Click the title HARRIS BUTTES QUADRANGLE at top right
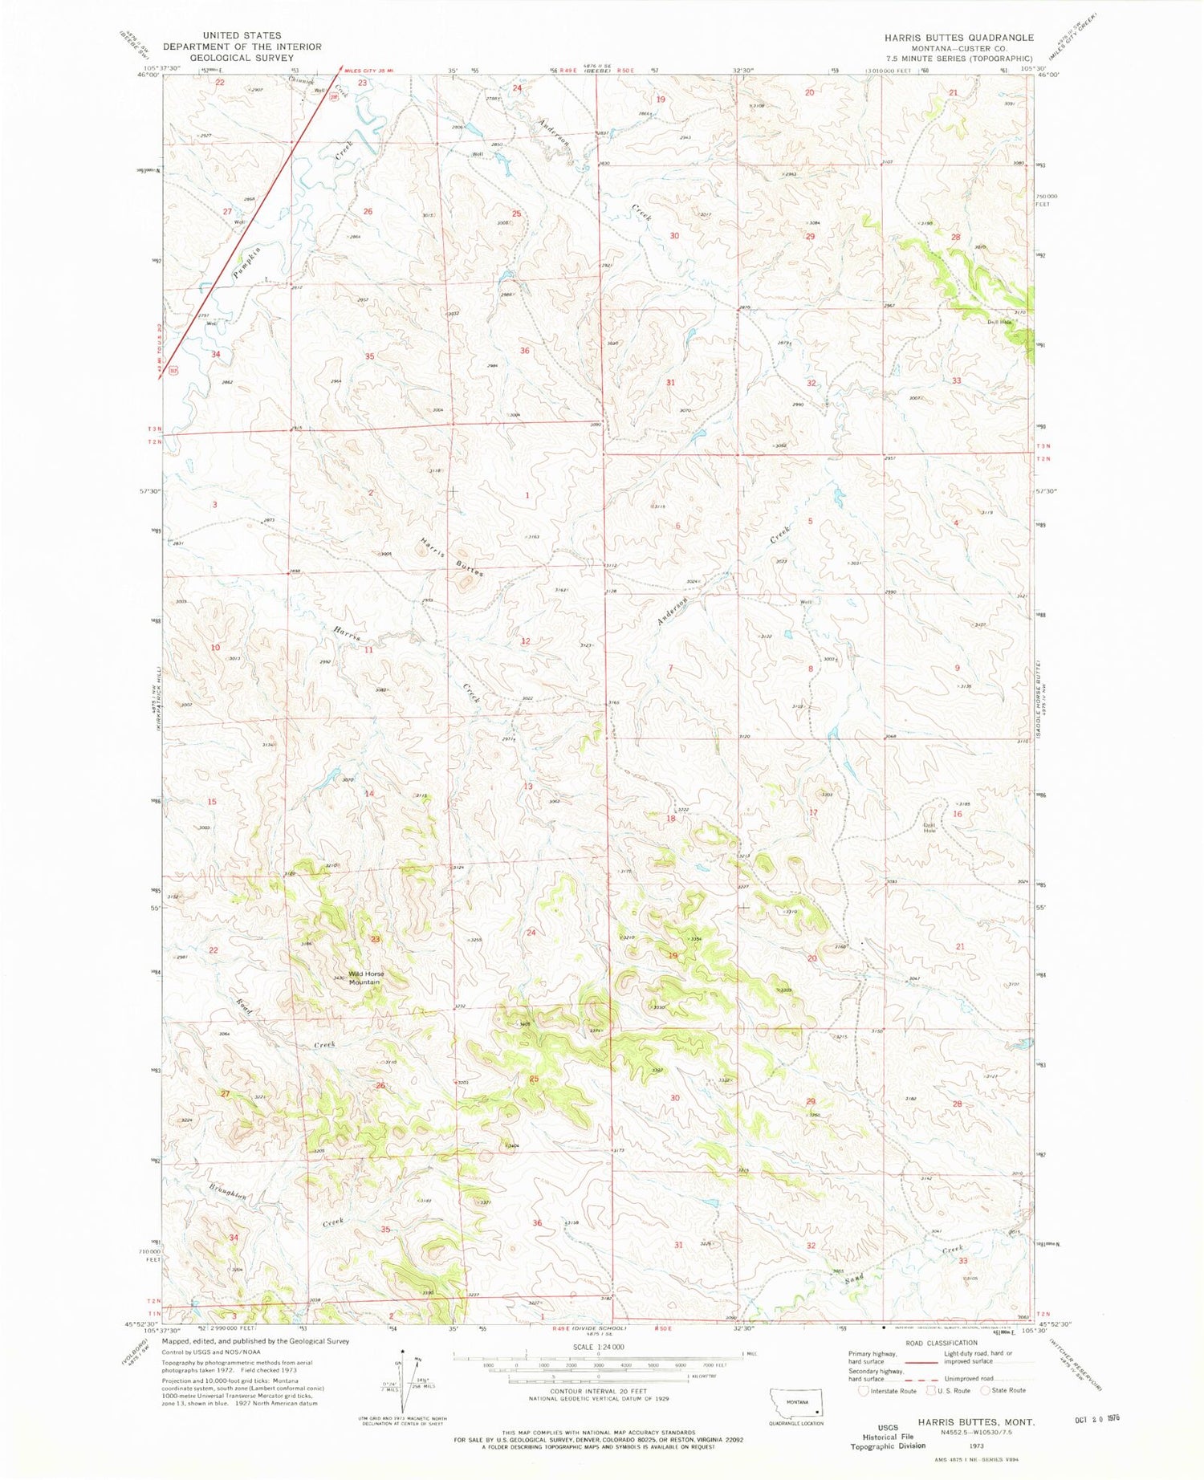click(958, 38)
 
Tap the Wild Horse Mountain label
click(365, 978)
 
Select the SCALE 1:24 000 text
click(598, 1347)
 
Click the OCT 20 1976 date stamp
click(1096, 1418)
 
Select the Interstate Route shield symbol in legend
click(864, 1391)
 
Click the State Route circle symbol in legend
click(986, 1390)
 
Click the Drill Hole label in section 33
click(999, 322)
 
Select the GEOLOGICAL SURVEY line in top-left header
click(242, 58)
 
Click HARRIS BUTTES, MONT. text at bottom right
click(976, 1421)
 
